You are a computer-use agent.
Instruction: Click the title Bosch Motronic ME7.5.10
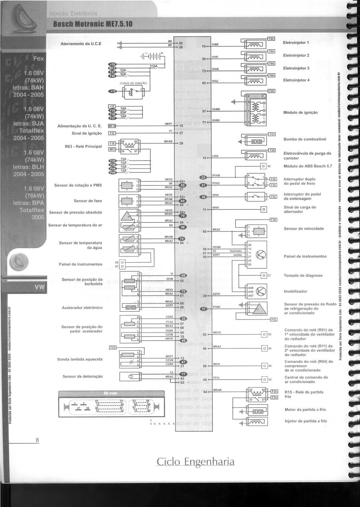pyautogui.click(x=93, y=24)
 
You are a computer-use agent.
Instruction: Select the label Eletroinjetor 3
pyautogui.click(x=296, y=68)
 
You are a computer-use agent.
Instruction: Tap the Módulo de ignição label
pyautogui.click(x=300, y=112)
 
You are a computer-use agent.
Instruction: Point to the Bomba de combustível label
pyautogui.click(x=304, y=139)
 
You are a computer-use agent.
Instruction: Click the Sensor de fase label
pyautogui.click(x=88, y=201)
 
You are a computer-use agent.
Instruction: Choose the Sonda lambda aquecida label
pyautogui.click(x=80, y=359)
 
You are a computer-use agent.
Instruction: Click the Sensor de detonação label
pyautogui.click(x=82, y=376)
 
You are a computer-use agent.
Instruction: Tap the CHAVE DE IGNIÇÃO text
pyautogui.click(x=133, y=83)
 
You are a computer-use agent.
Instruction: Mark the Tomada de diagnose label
pyautogui.click(x=303, y=275)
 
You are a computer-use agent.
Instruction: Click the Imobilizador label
pyautogui.click(x=295, y=291)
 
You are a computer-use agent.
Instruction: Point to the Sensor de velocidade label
pyautogui.click(x=304, y=228)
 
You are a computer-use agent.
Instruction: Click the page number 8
pyautogui.click(x=37, y=440)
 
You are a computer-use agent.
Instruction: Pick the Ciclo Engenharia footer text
pyautogui.click(x=196, y=462)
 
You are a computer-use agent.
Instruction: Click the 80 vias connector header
pyautogui.click(x=110, y=393)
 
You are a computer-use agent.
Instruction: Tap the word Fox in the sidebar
pyautogui.click(x=39, y=59)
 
